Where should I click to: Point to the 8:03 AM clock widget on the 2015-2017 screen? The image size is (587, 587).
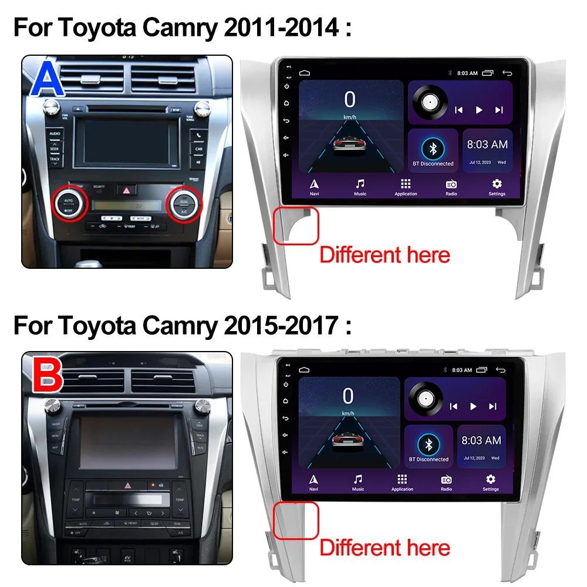[481, 446]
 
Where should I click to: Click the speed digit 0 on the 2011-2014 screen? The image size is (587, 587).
[350, 100]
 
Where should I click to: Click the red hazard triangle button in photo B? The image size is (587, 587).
[127, 485]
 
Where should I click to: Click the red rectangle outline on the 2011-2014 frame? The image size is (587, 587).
[296, 225]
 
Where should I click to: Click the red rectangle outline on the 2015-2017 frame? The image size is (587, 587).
[296, 520]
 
